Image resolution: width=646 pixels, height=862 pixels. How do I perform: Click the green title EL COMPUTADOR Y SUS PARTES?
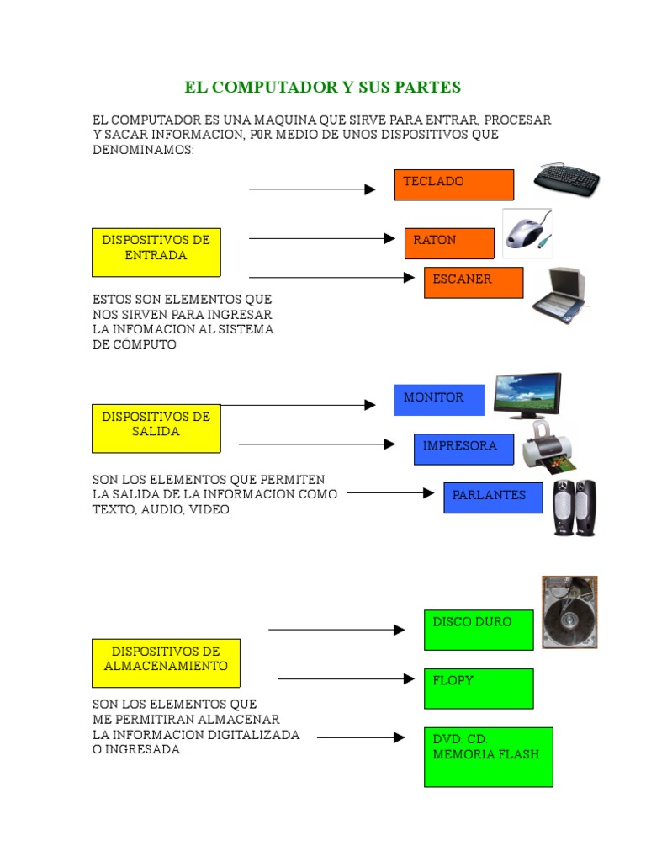pyautogui.click(x=323, y=88)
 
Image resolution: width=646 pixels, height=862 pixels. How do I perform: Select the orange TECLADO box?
pyautogui.click(x=453, y=184)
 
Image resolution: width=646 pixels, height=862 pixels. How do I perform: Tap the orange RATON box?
pyautogui.click(x=449, y=243)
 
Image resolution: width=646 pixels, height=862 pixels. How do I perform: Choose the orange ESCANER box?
pyautogui.click(x=474, y=282)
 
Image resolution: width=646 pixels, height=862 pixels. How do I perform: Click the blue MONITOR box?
pyautogui.click(x=439, y=400)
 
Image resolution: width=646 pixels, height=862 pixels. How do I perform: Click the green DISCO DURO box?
pyautogui.click(x=479, y=630)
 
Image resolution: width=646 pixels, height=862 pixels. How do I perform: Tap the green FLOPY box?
pyautogui.click(x=479, y=688)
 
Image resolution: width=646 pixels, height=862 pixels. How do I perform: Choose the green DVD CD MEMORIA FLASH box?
pyautogui.click(x=488, y=757)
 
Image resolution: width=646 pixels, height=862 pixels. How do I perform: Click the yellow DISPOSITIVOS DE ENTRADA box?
pyautogui.click(x=156, y=252)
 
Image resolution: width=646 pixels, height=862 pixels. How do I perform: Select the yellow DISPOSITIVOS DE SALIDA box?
pyautogui.click(x=156, y=428)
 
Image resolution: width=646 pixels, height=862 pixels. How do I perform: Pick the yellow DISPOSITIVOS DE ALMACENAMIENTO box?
pyautogui.click(x=166, y=662)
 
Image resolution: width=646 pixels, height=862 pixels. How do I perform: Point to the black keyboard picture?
pyautogui.click(x=567, y=178)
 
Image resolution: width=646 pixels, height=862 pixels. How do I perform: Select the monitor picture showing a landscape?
pyautogui.click(x=527, y=396)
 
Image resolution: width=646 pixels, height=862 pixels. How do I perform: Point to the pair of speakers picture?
pyautogui.click(x=575, y=508)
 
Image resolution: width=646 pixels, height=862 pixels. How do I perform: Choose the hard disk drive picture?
pyautogui.click(x=569, y=612)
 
